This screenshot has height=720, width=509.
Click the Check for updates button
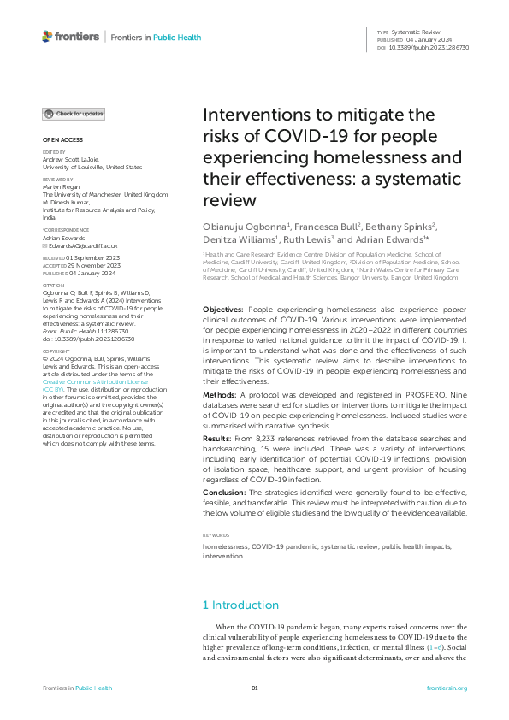click(x=74, y=113)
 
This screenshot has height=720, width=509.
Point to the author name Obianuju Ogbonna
click(x=245, y=226)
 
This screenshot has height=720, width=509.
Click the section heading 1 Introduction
click(x=240, y=605)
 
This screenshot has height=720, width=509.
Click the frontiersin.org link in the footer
click(x=447, y=688)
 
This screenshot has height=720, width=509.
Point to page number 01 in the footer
click(x=254, y=688)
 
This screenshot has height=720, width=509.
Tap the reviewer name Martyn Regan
click(x=64, y=188)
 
